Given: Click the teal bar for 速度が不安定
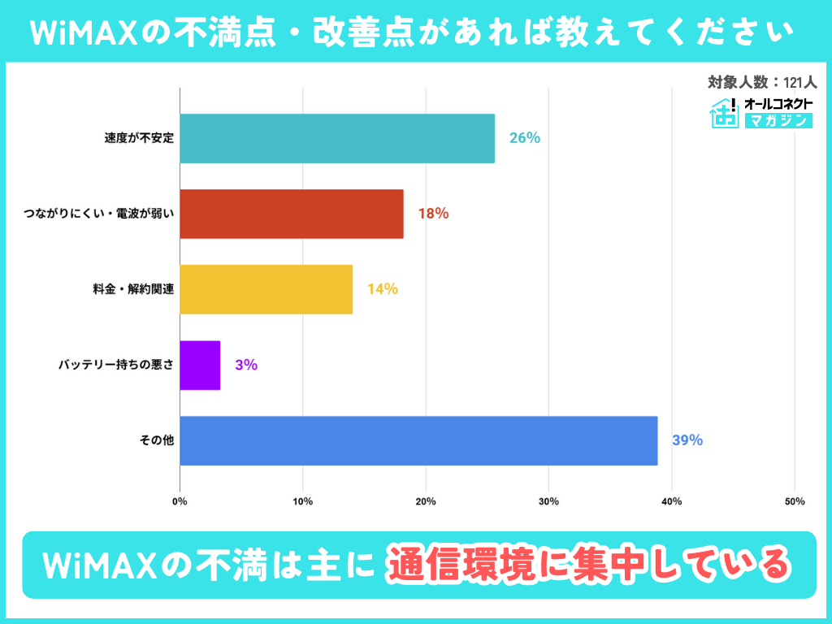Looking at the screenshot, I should point(337,138).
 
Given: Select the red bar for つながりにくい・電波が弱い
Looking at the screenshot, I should point(292,214).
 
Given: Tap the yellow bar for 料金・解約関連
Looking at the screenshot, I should point(266,289).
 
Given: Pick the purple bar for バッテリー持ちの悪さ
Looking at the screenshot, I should point(200,365).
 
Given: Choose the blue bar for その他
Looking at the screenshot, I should point(418,440).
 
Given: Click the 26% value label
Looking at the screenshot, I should point(525,138).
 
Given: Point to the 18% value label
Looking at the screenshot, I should point(433,214).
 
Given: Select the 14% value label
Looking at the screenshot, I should point(382,289).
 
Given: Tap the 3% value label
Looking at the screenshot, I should point(246,365).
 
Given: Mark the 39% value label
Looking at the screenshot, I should point(687,440).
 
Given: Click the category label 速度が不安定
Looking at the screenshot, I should point(139,138).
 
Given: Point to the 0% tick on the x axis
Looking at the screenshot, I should point(180,501).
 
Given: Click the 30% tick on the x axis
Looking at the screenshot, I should point(548,501).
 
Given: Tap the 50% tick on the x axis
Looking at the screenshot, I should point(795,501).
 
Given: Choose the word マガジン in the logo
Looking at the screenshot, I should point(778,121).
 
